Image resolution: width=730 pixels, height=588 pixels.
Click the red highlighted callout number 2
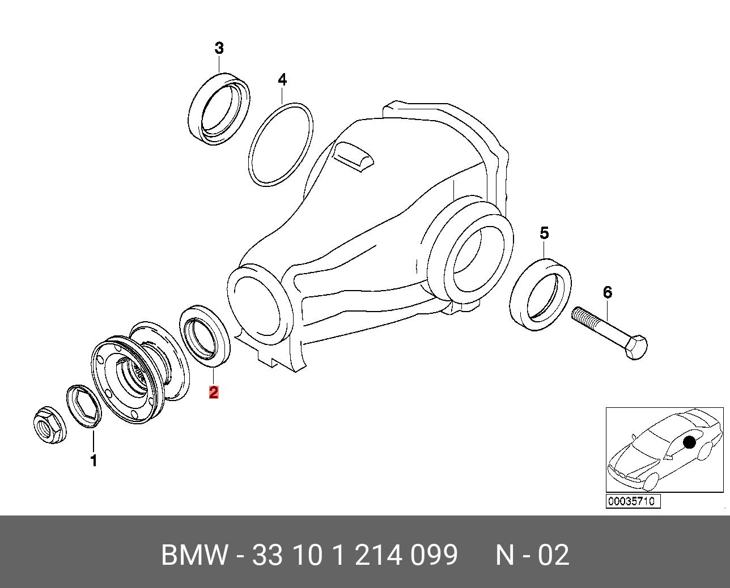click(x=214, y=391)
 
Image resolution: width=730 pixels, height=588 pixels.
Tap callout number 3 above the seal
click(x=219, y=49)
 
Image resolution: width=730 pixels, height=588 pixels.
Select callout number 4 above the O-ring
click(x=282, y=80)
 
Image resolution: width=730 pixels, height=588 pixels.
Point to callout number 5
click(x=544, y=233)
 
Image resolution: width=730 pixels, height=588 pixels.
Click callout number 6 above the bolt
click(x=608, y=292)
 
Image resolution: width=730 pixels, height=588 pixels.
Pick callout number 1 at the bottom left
click(x=94, y=461)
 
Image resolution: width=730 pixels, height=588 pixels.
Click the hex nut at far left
click(x=49, y=426)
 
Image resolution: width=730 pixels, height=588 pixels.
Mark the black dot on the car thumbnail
click(x=689, y=442)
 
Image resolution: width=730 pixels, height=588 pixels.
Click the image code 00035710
click(x=633, y=501)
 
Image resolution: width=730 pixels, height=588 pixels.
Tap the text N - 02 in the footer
click(x=532, y=555)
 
